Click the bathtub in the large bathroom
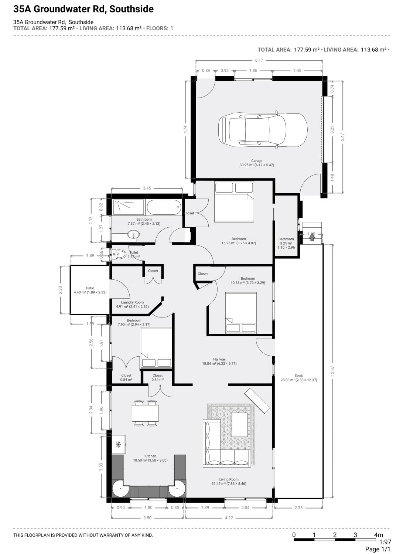click(x=164, y=207)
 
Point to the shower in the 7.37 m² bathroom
click(x=128, y=207)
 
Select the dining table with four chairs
click(x=145, y=413)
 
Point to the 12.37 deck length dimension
click(x=333, y=371)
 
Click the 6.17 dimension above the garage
click(x=259, y=60)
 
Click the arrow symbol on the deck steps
click(x=312, y=237)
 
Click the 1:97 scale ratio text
click(x=385, y=542)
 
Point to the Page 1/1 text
click(x=378, y=549)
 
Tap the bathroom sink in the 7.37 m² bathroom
click(x=133, y=234)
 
